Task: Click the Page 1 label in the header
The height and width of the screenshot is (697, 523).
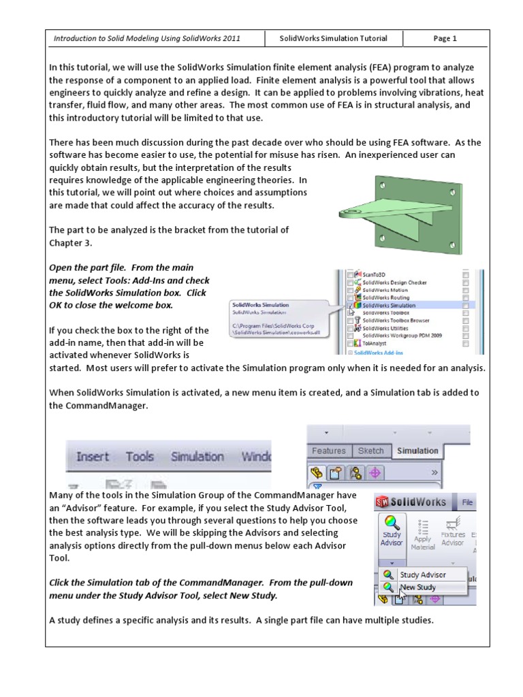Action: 445,39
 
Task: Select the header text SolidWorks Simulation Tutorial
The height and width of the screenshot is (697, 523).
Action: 334,39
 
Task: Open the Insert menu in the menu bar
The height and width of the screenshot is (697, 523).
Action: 93,457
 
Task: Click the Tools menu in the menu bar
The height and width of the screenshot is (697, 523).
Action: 140,457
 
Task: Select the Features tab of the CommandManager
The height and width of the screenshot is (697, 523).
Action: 329,451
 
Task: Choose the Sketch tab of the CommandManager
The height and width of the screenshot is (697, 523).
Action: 371,451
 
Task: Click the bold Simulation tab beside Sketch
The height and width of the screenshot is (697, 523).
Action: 417,451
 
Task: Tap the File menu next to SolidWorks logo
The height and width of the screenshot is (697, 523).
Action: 468,502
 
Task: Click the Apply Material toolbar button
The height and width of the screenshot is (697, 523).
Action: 422,535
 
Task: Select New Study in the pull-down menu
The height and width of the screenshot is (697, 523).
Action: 418,587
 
